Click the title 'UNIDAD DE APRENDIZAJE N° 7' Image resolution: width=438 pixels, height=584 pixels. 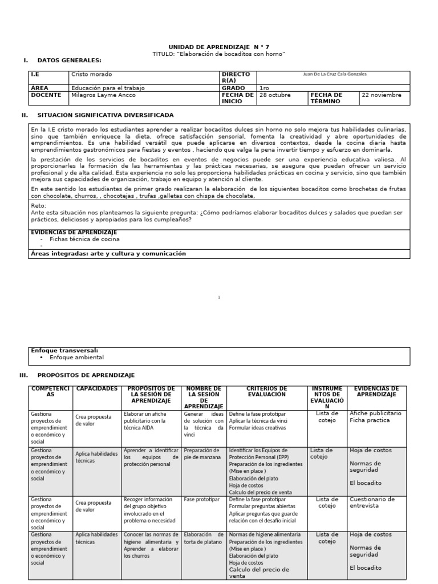point(219,46)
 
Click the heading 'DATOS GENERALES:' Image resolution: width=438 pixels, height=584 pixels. point(69,60)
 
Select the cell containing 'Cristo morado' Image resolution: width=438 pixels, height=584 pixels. point(92,75)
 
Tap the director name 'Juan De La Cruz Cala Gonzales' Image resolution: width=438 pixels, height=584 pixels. point(334,74)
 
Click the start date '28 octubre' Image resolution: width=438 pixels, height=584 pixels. point(275,95)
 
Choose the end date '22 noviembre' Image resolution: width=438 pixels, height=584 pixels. point(382,95)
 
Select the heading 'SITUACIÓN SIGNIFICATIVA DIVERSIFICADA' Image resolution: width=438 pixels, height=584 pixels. point(106,115)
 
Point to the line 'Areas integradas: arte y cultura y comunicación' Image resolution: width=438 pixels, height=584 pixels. point(108,253)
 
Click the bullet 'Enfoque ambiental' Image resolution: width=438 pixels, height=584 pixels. point(76,357)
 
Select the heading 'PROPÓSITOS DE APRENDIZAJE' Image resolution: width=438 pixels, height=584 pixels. point(86,375)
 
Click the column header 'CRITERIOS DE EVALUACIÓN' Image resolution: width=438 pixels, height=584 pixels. point(266,391)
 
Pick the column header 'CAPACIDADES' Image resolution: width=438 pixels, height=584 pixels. point(97,388)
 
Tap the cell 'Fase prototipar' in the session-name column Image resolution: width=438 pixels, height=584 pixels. point(202,499)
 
